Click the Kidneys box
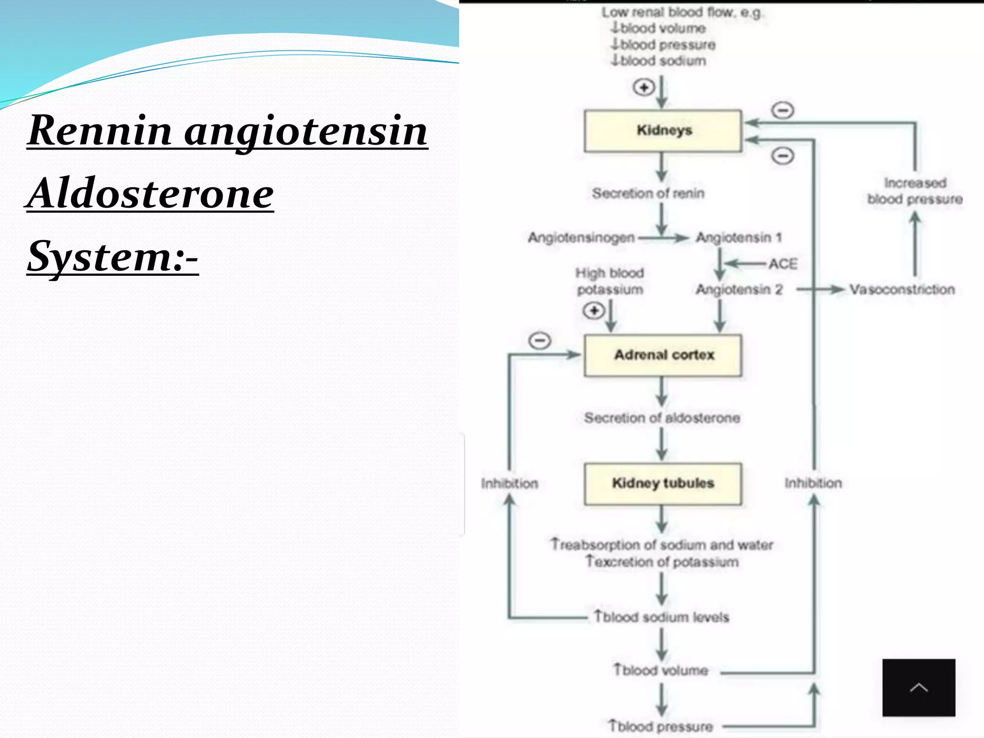663,131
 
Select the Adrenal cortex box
663,355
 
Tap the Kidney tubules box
663,483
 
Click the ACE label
783,264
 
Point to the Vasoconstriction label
902,289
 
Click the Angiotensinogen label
581,237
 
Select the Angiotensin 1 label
739,237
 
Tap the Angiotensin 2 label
739,289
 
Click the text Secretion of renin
648,193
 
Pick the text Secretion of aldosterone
662,418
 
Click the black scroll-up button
919,688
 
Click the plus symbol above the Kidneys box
644,87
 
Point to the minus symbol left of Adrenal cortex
540,341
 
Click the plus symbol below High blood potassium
594,311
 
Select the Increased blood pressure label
915,191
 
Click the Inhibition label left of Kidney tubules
509,483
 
